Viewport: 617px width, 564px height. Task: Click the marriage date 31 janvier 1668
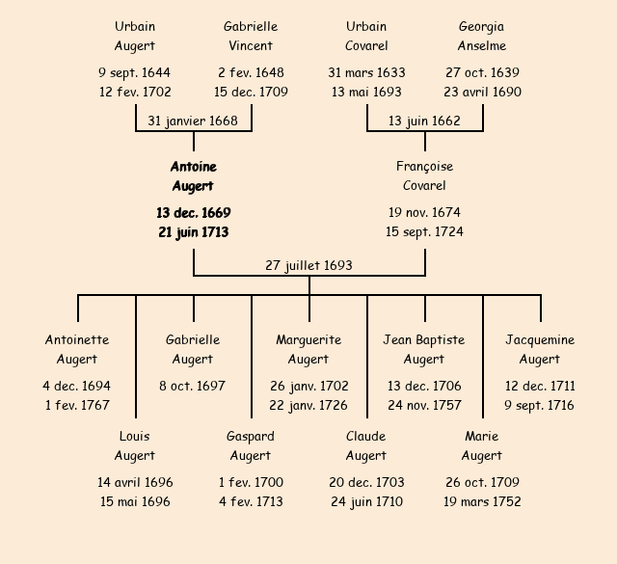[193, 121]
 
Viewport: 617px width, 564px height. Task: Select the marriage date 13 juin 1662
[424, 121]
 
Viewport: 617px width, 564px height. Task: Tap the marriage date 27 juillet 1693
[309, 265]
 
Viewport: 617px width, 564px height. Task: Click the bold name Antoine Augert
[193, 176]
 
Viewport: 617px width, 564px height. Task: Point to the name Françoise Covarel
[424, 176]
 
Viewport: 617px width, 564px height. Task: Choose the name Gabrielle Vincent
[251, 36]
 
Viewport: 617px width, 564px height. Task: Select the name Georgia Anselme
[482, 36]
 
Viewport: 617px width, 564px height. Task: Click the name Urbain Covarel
[366, 36]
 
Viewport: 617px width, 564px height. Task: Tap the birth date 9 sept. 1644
[135, 72]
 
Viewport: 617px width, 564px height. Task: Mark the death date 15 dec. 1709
[251, 92]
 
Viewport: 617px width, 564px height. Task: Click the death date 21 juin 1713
[193, 231]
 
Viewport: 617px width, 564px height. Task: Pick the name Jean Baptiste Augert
[424, 349]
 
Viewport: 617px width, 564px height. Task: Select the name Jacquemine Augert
[540, 349]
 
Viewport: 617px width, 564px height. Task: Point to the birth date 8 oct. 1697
[193, 386]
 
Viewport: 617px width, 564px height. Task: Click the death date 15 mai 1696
[135, 501]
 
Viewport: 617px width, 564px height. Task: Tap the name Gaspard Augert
[251, 445]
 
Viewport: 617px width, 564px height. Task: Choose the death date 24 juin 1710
[366, 501]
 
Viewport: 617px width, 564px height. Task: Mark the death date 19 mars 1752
[482, 501]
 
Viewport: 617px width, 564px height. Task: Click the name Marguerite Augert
[308, 349]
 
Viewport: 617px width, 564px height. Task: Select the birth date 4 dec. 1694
[77, 386]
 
